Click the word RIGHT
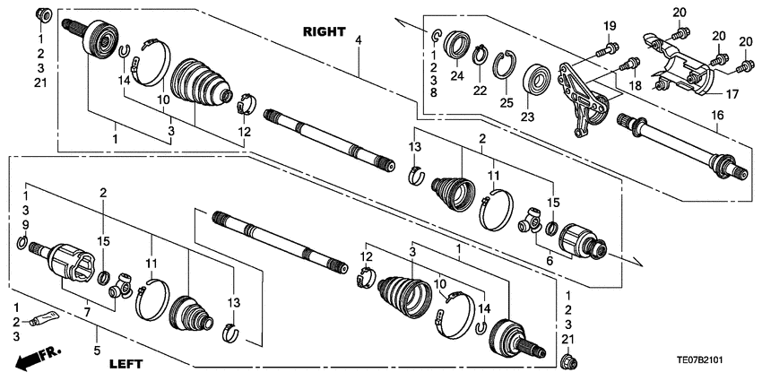click(324, 31)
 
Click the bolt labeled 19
click(610, 48)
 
